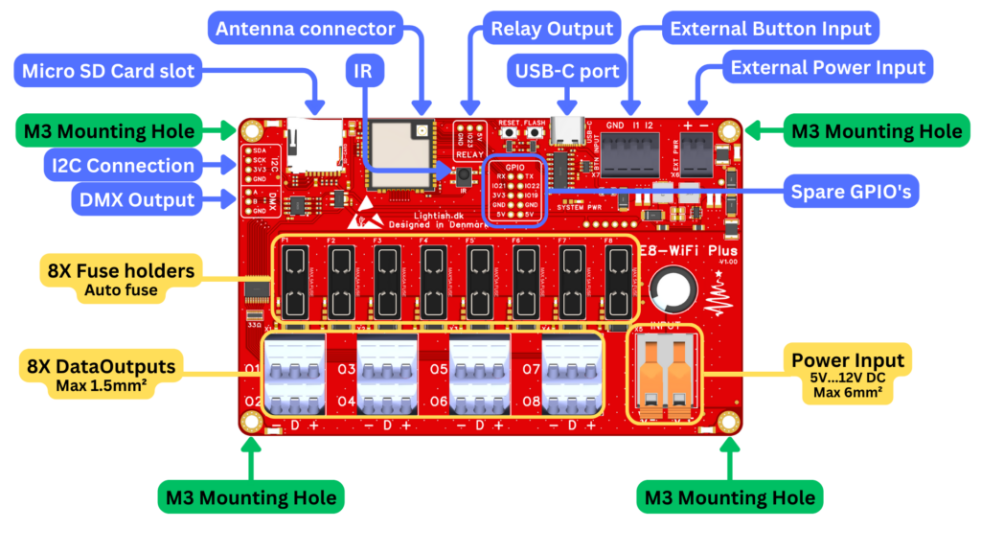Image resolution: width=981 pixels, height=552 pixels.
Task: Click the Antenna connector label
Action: pyautogui.click(x=305, y=29)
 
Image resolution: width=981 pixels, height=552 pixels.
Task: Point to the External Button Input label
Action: pyautogui.click(x=771, y=28)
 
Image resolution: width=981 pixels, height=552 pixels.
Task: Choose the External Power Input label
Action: pyautogui.click(x=828, y=68)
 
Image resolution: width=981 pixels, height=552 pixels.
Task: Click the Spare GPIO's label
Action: pyautogui.click(x=852, y=192)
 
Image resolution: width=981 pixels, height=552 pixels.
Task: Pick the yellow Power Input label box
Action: pyautogui.click(x=847, y=375)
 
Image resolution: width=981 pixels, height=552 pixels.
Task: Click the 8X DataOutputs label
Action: pyautogui.click(x=102, y=373)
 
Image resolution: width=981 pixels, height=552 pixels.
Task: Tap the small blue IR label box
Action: pyautogui.click(x=361, y=71)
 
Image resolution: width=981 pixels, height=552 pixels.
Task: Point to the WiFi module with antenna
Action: pyautogui.click(x=400, y=149)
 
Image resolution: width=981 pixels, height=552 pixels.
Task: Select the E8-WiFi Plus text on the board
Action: pyautogui.click(x=687, y=251)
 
